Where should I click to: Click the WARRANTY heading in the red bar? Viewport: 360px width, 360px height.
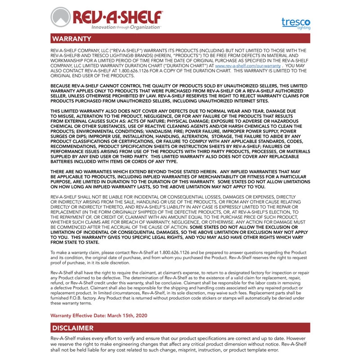(x=72, y=39)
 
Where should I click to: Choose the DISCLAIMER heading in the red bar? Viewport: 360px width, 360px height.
(x=73, y=328)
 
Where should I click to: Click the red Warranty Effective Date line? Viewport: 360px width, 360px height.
(x=99, y=315)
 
